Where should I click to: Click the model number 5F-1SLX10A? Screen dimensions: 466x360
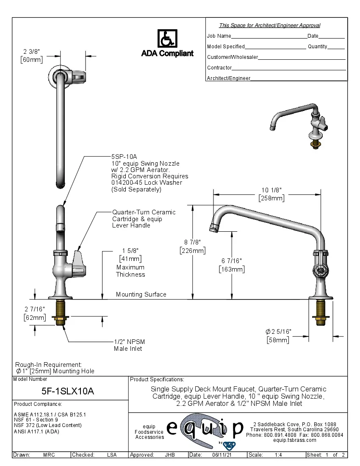[x=68, y=391]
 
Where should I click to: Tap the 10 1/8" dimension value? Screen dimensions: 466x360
[x=271, y=190]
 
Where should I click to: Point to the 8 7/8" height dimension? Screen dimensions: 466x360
[x=192, y=242]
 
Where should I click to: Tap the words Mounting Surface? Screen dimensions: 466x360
[x=141, y=294]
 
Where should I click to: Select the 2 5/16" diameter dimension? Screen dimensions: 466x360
[x=278, y=331]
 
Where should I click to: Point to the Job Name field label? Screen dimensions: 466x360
[x=219, y=36]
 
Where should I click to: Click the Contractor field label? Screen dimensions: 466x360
[x=219, y=68]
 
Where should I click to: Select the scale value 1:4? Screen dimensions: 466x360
[x=279, y=455]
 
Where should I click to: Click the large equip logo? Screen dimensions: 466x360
[x=205, y=429]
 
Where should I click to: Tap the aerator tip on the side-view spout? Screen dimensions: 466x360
[x=214, y=229]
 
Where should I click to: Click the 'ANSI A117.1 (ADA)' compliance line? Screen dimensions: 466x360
[x=36, y=432]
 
